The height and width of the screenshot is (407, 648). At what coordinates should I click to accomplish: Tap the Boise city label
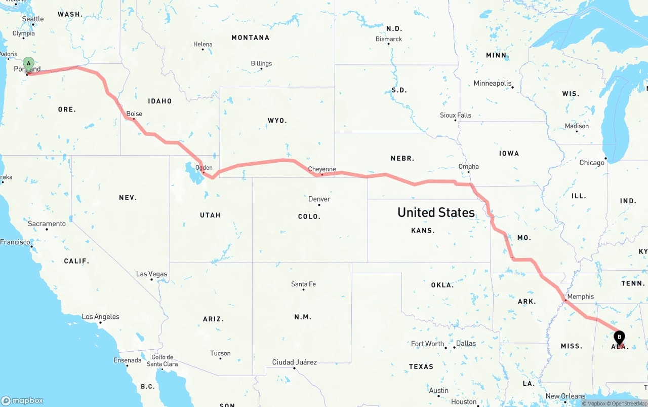pos(134,114)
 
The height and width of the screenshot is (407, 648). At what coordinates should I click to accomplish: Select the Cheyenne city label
pos(322,169)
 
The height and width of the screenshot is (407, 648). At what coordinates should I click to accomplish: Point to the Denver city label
pos(319,199)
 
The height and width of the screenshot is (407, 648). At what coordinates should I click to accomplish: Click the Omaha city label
pos(468,166)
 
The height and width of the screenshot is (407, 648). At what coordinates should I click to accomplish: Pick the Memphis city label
pos(581,297)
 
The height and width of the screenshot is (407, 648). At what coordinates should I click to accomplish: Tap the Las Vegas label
pos(151,274)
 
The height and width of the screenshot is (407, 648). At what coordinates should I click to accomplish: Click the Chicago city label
pos(592,163)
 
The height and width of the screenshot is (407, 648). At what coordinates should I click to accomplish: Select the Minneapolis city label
pos(493,83)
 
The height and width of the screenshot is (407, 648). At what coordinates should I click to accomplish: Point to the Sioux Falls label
pos(456,115)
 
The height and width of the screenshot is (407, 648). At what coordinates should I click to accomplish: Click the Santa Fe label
pos(303,284)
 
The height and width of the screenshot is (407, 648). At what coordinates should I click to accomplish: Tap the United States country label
pos(436,212)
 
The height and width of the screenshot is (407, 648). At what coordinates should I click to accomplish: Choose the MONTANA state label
pos(250,38)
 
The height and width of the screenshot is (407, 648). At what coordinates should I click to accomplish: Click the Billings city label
pos(261,63)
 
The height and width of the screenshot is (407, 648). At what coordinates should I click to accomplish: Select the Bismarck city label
pos(389,39)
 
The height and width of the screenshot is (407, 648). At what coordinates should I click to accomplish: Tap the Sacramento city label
pos(47,224)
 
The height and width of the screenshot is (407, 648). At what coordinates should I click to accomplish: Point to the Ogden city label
pos(204,168)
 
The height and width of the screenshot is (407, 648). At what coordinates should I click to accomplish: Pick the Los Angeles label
pos(101,317)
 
